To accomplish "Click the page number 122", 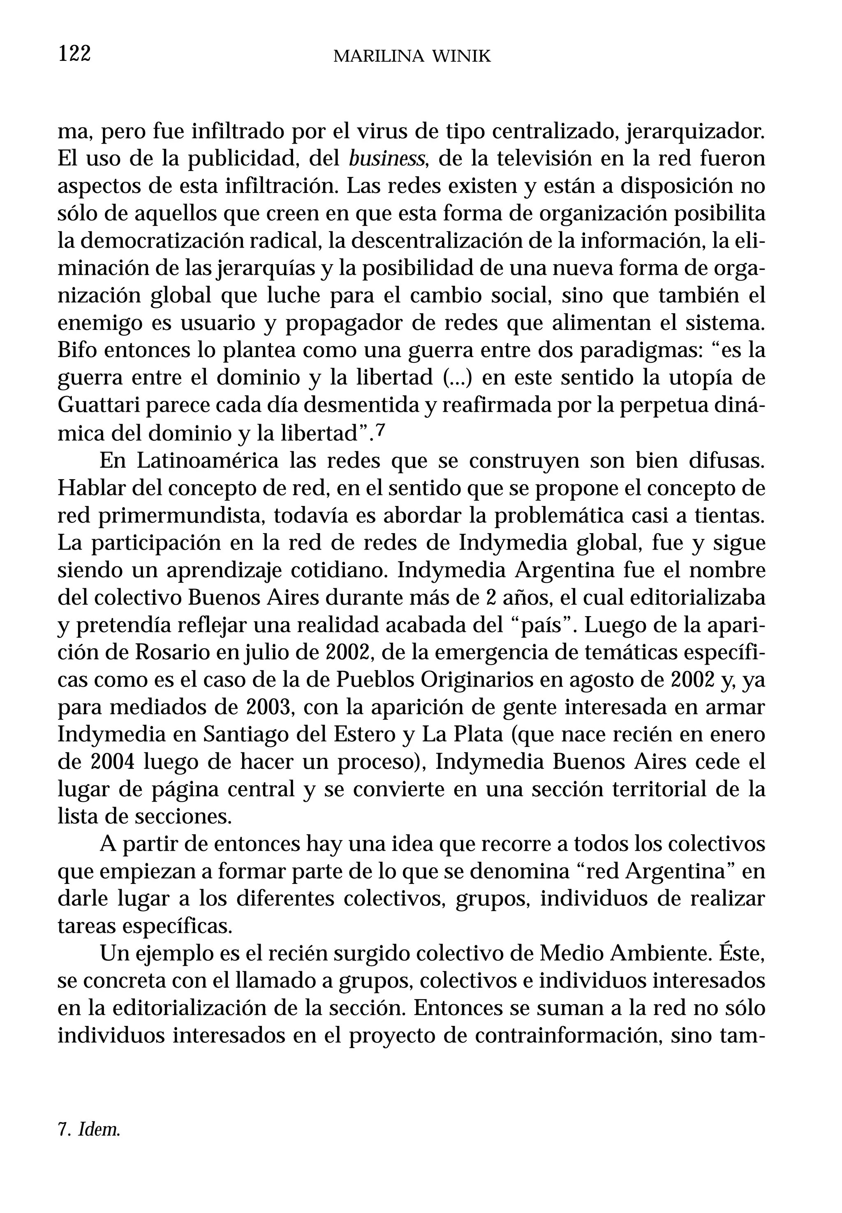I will click(x=74, y=54).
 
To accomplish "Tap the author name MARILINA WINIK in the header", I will click(x=412, y=56).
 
